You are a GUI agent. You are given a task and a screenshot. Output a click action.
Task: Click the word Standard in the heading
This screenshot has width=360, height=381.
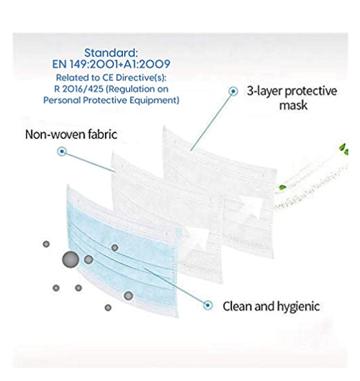coord(110,53)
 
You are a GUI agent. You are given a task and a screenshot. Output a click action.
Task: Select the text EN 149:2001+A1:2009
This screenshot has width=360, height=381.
coord(111,64)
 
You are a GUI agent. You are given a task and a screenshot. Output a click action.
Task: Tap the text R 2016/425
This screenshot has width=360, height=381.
coord(78,89)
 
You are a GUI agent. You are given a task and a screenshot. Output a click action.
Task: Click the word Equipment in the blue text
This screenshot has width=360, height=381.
coord(154,100)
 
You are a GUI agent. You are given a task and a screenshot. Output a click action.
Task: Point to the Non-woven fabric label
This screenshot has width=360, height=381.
coord(71,135)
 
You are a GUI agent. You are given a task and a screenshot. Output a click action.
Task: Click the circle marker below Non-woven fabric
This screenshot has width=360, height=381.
coord(62,151)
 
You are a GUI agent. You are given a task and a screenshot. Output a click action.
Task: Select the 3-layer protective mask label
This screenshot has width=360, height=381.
coord(292,98)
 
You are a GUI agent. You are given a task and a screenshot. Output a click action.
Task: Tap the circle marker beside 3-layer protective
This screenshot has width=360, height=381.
coord(233,91)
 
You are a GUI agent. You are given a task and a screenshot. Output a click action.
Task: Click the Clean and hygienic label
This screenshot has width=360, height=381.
coord(271,306)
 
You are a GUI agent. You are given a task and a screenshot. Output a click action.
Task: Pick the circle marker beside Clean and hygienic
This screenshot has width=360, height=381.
coord(207,305)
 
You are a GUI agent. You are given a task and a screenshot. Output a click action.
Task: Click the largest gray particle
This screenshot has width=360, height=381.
coord(71,260)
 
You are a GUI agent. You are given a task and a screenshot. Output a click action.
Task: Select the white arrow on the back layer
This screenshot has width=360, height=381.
coord(251,206)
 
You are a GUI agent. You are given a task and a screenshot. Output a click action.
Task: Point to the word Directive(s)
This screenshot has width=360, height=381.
coord(141,78)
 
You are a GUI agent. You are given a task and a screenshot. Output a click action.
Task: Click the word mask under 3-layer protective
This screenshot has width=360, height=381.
coord(293,105)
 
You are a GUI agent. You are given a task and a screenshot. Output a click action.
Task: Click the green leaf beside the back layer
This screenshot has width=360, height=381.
coord(282,188)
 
